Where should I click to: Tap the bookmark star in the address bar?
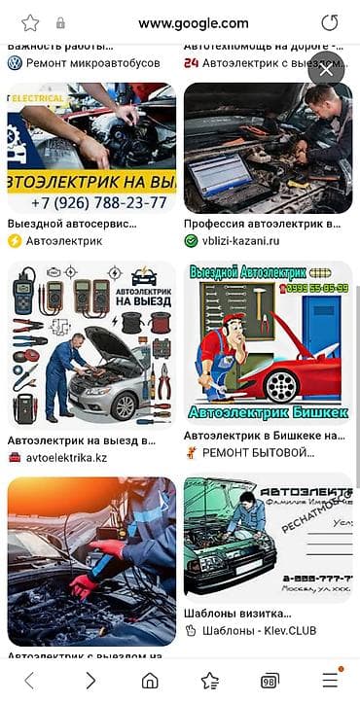(x=30, y=22)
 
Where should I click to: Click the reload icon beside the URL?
(x=330, y=22)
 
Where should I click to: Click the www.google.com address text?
(x=193, y=23)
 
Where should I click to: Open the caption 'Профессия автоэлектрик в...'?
(x=262, y=224)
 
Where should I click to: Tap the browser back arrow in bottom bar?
(x=29, y=680)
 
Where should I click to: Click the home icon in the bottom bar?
(x=150, y=680)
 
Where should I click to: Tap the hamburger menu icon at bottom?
(x=331, y=680)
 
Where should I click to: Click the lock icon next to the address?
(x=60, y=23)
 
